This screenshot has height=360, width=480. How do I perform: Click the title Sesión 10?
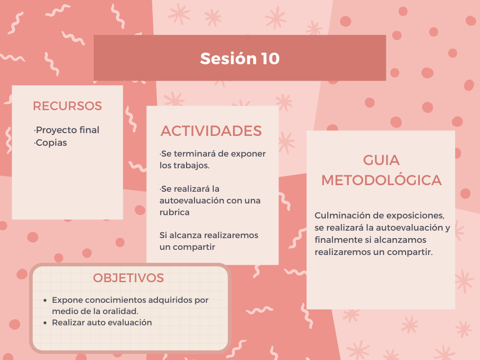pos(240,58)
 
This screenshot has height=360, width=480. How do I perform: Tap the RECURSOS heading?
pos(67,106)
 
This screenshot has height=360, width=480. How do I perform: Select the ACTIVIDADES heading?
pos(211,131)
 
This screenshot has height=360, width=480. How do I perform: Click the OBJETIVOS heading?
pos(128,278)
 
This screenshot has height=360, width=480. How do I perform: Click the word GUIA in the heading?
pos(382,160)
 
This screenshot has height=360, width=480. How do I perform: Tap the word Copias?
pos(51,142)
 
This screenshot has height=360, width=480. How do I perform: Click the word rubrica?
pos(174,212)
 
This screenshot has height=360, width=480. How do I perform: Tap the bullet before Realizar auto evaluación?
pos(45,323)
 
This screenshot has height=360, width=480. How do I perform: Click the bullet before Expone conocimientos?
pos(45,300)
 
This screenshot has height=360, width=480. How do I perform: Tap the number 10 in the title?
pos(270,59)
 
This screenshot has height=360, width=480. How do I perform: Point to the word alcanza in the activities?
pos(182,235)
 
